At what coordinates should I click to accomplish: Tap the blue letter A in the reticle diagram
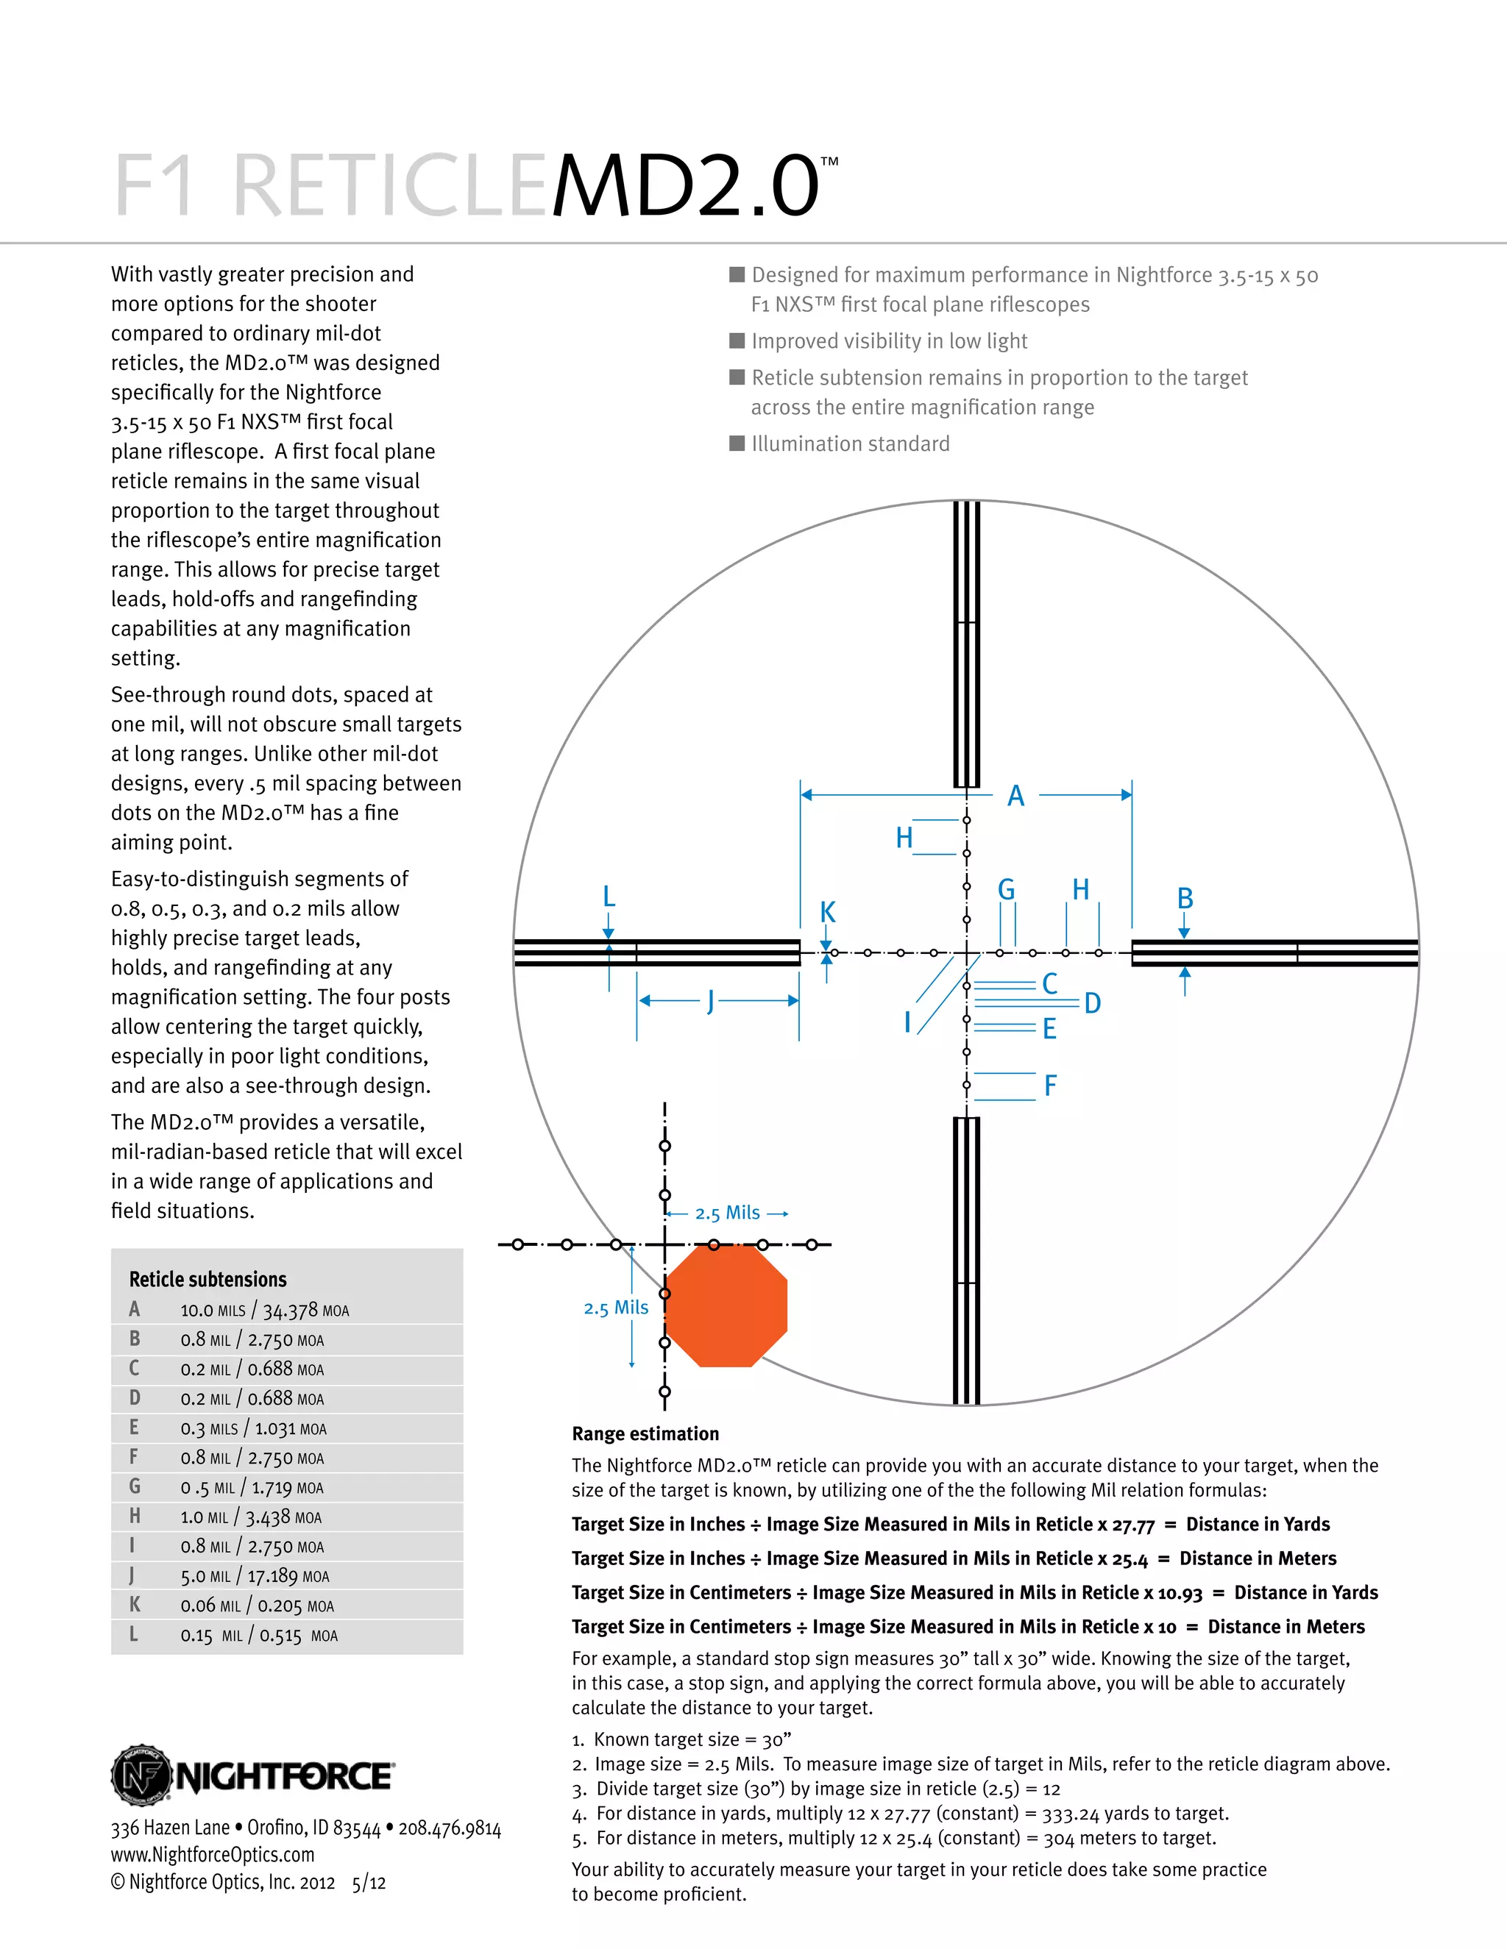coord(1016,796)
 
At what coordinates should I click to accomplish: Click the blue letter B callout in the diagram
coord(1185,899)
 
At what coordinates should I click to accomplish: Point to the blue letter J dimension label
coord(711,1000)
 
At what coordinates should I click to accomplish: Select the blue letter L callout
coord(609,896)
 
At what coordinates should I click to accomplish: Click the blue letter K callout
coord(828,912)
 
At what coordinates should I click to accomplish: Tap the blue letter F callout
coord(1051,1086)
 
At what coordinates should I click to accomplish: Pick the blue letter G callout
coord(1006,890)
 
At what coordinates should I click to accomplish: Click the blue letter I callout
coord(907,1022)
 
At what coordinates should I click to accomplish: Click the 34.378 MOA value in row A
coord(305,1311)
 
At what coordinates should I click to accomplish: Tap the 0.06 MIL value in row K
coord(210,1606)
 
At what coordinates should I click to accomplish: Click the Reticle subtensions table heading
coord(208,1280)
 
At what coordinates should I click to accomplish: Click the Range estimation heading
coord(645,1434)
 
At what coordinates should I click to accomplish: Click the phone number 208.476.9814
coord(450,1828)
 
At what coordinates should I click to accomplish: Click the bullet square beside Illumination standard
coord(737,443)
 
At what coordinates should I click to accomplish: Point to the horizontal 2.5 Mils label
coord(728,1213)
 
